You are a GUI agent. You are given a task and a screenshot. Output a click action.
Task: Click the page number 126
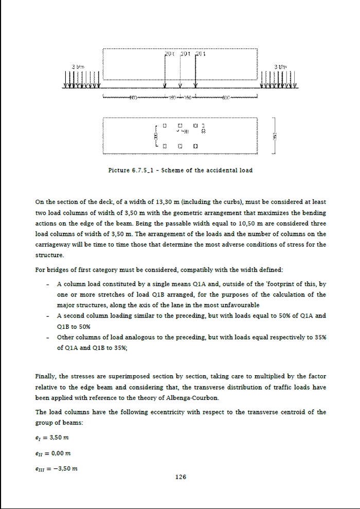click(180, 477)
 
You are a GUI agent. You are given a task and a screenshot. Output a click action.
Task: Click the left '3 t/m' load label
click(77, 67)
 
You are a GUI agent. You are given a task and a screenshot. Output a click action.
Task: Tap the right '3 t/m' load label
click(281, 67)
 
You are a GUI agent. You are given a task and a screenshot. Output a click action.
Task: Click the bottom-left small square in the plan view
click(164, 146)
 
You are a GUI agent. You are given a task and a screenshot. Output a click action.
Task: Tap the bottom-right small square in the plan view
click(196, 146)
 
